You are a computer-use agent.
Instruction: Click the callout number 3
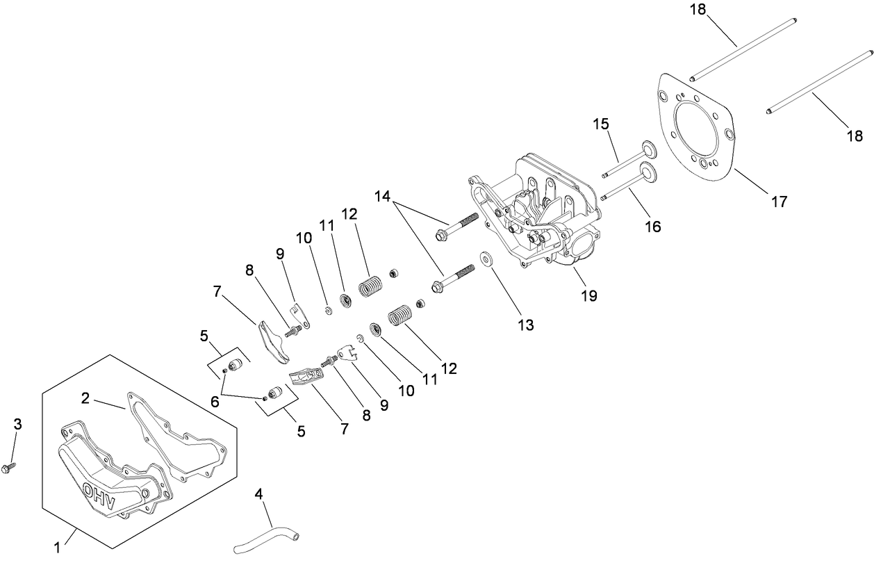coord(18,424)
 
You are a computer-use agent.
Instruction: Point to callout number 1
coord(57,548)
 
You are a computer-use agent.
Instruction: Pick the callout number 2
coord(85,398)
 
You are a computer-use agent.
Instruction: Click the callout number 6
coord(215,401)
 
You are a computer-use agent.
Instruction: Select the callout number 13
coord(525,325)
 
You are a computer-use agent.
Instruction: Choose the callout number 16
coord(652,226)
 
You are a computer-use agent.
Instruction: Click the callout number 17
coord(779,202)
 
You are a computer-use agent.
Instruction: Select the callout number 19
coord(588,295)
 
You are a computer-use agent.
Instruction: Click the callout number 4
coord(258,494)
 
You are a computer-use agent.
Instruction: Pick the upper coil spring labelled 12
coord(371,286)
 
